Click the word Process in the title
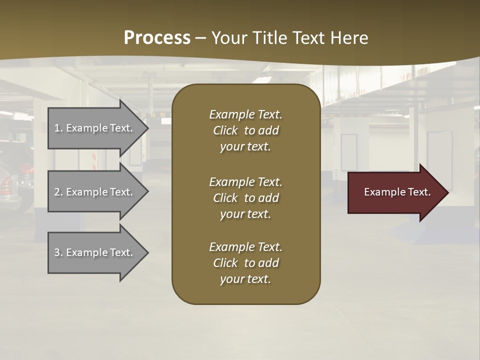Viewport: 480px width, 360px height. (157, 38)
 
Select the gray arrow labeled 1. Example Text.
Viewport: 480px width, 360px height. (95, 128)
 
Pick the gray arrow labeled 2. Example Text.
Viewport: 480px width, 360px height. (95, 192)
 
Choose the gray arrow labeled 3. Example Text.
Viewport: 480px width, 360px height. (95, 252)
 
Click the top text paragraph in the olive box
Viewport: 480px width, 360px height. (245, 130)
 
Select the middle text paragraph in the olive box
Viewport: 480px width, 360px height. (245, 198)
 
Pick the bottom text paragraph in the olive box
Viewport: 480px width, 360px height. (245, 263)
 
